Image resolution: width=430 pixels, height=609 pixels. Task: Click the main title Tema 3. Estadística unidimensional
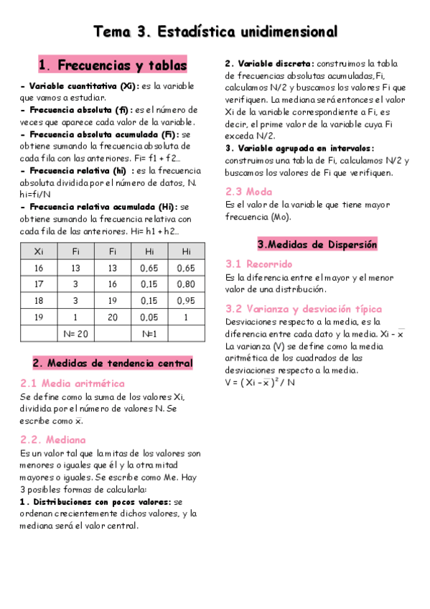point(215,32)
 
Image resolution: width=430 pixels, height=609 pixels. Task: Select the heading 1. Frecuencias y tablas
point(112,65)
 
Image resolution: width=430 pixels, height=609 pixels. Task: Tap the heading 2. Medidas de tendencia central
point(113,363)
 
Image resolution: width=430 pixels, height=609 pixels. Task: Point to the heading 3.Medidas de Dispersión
point(317,244)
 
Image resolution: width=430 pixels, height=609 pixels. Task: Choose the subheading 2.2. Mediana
point(53,440)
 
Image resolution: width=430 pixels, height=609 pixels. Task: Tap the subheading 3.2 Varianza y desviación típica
point(304,310)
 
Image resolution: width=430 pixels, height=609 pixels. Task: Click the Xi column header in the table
point(39,251)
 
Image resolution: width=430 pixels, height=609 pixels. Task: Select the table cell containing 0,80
point(186,284)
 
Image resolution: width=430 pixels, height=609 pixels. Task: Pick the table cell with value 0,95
point(186,300)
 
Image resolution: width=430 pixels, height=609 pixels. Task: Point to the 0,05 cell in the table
point(149,317)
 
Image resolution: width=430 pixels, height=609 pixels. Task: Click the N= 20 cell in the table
point(75,333)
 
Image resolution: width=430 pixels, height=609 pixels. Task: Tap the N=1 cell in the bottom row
point(149,333)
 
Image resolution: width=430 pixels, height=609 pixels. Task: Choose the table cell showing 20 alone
point(112,317)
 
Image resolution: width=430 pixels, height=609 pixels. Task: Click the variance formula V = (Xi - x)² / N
point(260,382)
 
